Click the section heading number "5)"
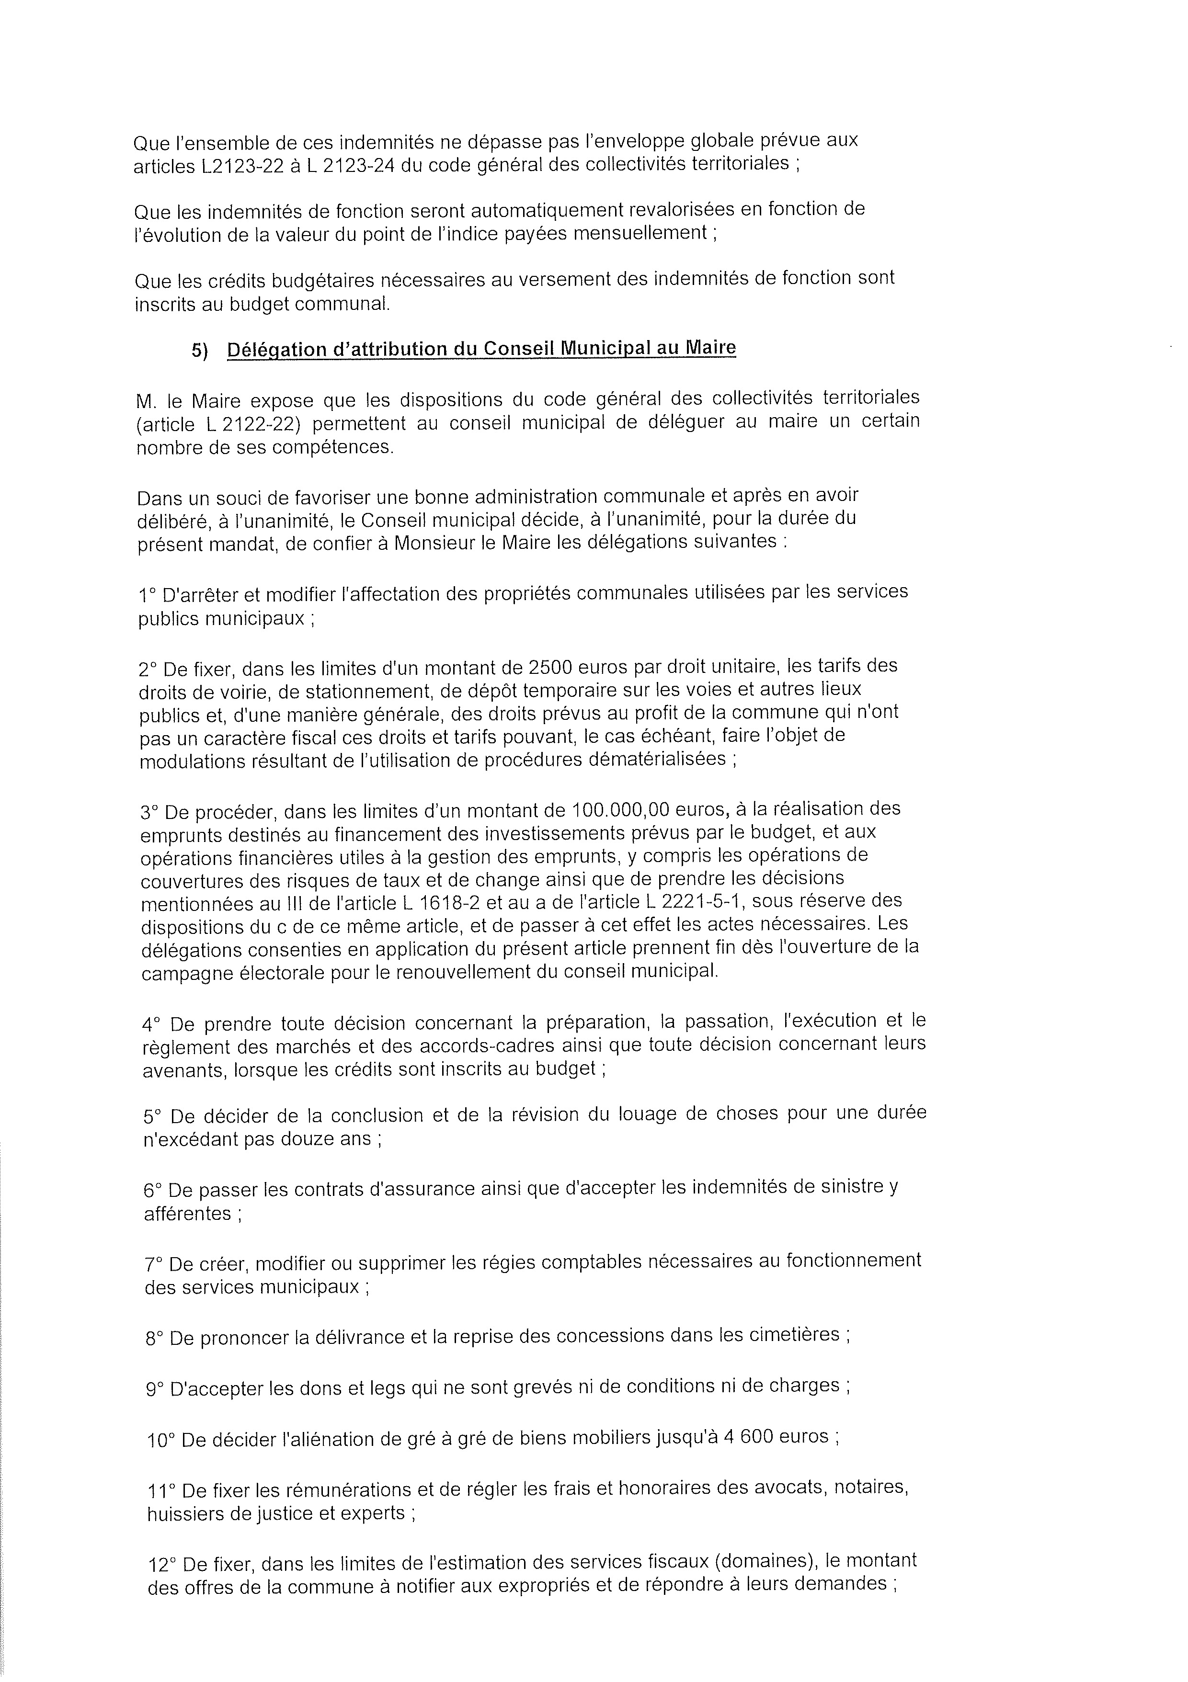point(200,351)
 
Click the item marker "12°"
point(162,1558)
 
